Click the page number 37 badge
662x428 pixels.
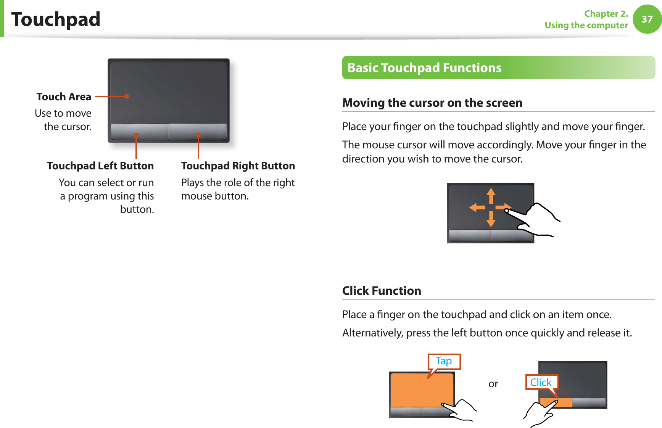(x=647, y=19)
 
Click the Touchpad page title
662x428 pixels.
(x=56, y=19)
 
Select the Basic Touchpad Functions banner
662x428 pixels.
(x=498, y=68)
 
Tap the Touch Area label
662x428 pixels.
(x=64, y=97)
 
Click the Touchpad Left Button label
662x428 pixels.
(x=100, y=166)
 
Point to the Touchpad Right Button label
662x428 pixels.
(x=238, y=166)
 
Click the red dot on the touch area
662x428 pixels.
(x=127, y=96)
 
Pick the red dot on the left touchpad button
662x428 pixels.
(x=136, y=135)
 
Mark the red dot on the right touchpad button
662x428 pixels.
(x=198, y=135)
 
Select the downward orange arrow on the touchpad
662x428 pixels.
(x=491, y=219)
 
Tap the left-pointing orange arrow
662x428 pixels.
(x=477, y=208)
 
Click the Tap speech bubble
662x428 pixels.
(x=444, y=361)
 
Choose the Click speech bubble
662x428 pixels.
(x=541, y=382)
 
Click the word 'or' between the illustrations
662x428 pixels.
(x=493, y=384)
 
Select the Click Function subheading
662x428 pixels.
(x=382, y=291)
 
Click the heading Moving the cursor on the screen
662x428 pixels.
(x=432, y=103)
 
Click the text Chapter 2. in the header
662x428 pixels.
(x=606, y=14)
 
